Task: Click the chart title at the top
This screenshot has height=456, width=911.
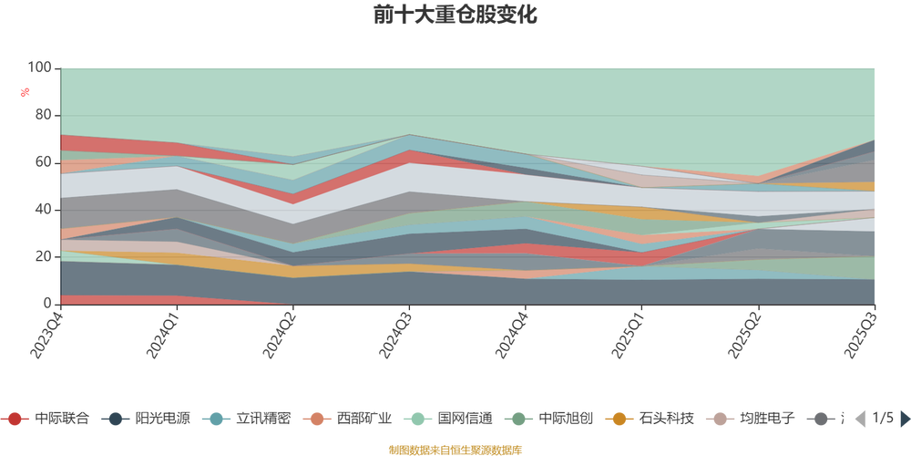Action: tap(455, 16)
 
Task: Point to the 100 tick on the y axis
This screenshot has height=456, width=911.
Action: tap(41, 67)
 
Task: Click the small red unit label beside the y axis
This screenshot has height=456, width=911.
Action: tap(26, 91)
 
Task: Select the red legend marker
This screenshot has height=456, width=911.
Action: tap(15, 419)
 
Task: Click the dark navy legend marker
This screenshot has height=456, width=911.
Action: tap(116, 419)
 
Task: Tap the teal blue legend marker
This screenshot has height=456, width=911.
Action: tap(217, 419)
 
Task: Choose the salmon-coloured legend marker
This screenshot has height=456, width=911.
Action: tap(317, 419)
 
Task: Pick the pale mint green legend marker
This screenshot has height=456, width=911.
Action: tap(418, 419)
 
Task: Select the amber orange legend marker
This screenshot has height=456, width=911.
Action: tap(619, 419)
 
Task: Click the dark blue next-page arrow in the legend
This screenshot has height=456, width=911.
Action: tap(904, 419)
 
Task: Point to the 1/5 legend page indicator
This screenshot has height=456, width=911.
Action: tap(881, 419)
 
